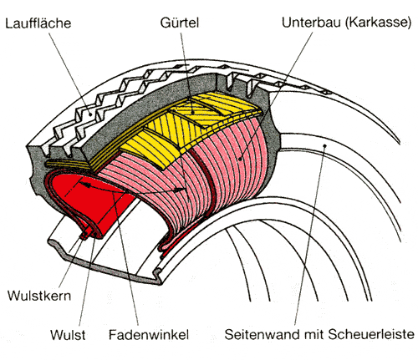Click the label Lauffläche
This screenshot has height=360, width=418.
coord(38,23)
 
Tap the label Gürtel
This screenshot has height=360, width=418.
coord(180,23)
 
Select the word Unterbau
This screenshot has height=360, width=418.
coord(311,22)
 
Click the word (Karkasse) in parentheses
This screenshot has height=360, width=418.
coord(379,23)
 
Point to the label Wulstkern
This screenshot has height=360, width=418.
coord(39,296)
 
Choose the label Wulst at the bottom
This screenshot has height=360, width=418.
coord(68,334)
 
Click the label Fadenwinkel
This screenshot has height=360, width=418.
coord(149,334)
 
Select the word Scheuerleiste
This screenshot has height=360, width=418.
coord(371,334)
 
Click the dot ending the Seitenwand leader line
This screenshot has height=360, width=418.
coord(324,145)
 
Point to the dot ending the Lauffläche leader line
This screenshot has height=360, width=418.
coord(89,114)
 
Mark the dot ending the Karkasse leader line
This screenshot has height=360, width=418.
coord(240,159)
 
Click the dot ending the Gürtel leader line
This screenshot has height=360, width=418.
coord(192,112)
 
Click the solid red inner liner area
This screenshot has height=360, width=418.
coord(92,200)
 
